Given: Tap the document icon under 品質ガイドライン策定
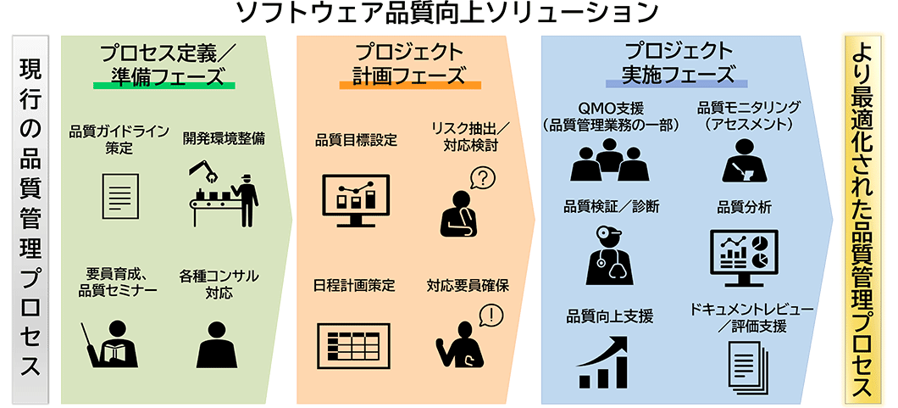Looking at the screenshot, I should click(x=120, y=196).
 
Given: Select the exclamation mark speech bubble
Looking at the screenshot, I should click(x=491, y=316).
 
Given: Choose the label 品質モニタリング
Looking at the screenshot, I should click(x=748, y=108).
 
